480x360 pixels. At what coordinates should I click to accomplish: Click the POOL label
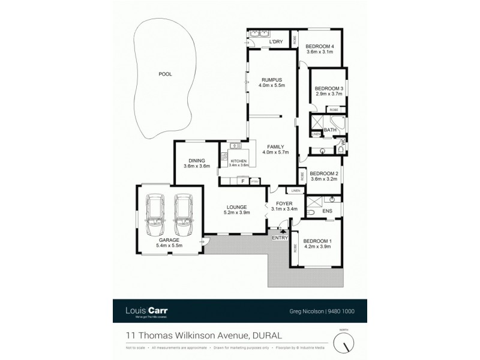coord(165,74)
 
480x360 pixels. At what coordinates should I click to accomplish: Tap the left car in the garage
coord(157,217)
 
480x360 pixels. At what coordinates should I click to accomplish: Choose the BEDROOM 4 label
coord(320,46)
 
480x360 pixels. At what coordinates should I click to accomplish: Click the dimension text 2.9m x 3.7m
coord(328,95)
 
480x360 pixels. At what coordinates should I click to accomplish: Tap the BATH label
coord(330,130)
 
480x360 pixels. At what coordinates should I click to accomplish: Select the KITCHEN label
coord(238,161)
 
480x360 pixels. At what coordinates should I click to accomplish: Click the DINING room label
coord(197,160)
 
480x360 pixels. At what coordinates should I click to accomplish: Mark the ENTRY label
coord(280,238)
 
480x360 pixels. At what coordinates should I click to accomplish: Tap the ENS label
coord(328,211)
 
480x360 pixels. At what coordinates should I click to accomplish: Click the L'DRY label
coord(276,41)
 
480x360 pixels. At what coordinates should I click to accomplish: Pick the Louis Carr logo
coord(146,311)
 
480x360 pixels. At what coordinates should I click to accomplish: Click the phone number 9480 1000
coord(343,311)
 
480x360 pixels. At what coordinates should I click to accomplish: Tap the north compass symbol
coord(344,343)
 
